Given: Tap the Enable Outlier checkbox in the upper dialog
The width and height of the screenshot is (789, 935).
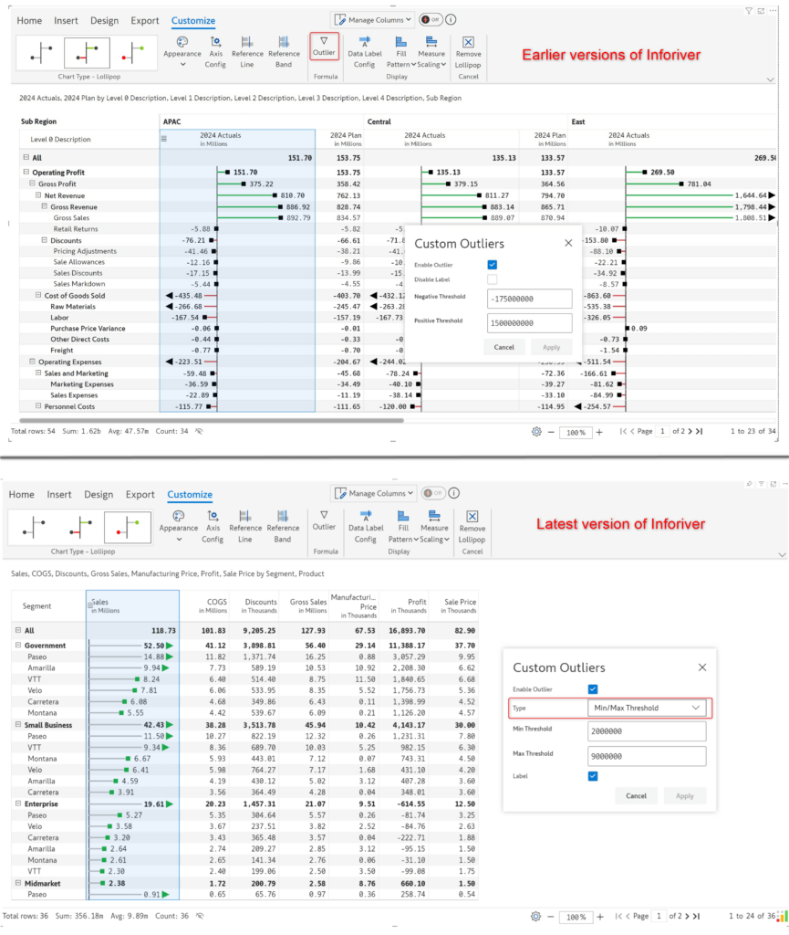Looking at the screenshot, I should pyautogui.click(x=493, y=265).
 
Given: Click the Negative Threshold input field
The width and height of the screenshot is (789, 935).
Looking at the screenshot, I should pyautogui.click(x=529, y=299).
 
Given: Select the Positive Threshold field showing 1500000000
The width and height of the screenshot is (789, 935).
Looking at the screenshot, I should pyautogui.click(x=529, y=323).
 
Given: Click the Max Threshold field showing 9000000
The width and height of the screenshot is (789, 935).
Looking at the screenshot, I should pyautogui.click(x=647, y=755).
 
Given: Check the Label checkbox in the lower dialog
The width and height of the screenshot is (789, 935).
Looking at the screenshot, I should pyautogui.click(x=593, y=776).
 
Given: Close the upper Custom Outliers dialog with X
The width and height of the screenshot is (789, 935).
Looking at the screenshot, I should pyautogui.click(x=567, y=244).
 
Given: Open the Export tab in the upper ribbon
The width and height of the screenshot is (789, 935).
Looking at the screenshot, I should pyautogui.click(x=146, y=20).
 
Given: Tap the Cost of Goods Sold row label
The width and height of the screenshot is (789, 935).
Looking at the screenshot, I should pyautogui.click(x=75, y=296).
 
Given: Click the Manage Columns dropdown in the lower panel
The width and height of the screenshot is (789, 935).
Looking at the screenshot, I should pyautogui.click(x=373, y=493).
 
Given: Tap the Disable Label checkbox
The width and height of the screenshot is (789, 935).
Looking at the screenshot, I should pyautogui.click(x=493, y=279).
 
